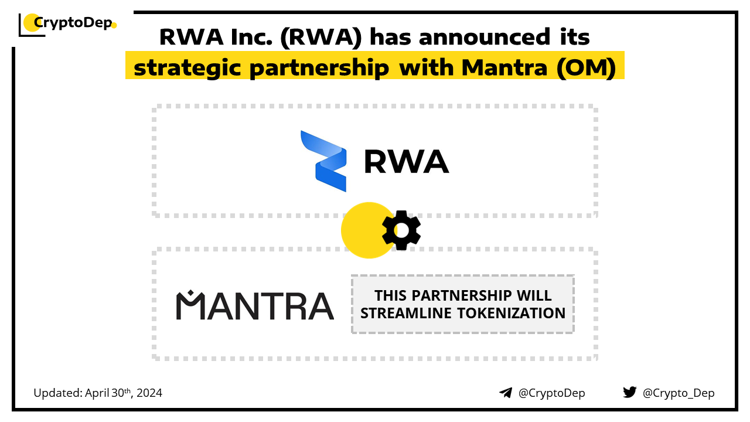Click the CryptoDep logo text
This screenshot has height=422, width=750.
(73, 23)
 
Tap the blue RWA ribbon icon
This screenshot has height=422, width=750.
(323, 161)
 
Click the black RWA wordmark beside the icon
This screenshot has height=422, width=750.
(406, 162)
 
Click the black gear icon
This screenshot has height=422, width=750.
(401, 230)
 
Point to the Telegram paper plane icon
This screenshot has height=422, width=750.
(506, 393)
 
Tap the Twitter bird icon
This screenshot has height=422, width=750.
(630, 392)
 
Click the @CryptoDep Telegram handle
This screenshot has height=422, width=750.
(552, 393)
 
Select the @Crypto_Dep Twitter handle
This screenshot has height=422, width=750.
(679, 393)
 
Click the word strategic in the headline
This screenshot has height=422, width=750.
(187, 67)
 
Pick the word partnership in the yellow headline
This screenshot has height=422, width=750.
(319, 68)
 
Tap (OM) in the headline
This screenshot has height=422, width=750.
(587, 67)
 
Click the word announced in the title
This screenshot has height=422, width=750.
(485, 37)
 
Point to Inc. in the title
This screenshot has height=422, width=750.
(251, 37)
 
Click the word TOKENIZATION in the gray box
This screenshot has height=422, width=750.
(512, 313)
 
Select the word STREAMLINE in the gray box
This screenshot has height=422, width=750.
(406, 313)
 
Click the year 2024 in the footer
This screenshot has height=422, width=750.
(149, 393)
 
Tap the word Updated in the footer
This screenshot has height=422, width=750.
(57, 393)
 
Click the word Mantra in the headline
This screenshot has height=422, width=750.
(504, 67)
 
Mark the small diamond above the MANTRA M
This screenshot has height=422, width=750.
(190, 292)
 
